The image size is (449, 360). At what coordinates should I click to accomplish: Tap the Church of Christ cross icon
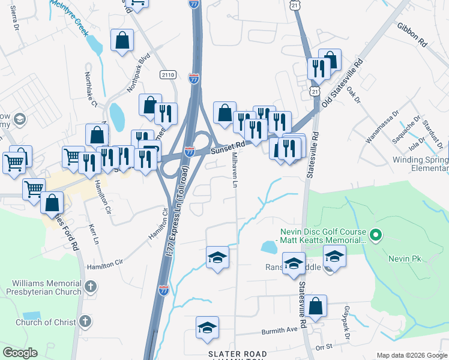pos(85,322)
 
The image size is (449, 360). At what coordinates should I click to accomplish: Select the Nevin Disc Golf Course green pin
pos(376,235)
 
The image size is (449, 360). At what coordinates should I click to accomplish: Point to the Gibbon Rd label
pos(411,35)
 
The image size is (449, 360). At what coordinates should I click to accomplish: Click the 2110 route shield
pos(169,74)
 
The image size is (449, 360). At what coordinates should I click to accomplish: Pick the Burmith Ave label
pos(279,331)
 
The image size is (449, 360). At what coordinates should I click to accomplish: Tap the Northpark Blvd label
pos(137,74)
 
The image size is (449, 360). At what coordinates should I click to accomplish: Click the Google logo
pos(20,353)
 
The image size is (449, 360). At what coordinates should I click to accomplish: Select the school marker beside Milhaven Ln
pos(217,258)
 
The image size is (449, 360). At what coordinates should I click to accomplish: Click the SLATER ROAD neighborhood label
pos(235,354)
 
